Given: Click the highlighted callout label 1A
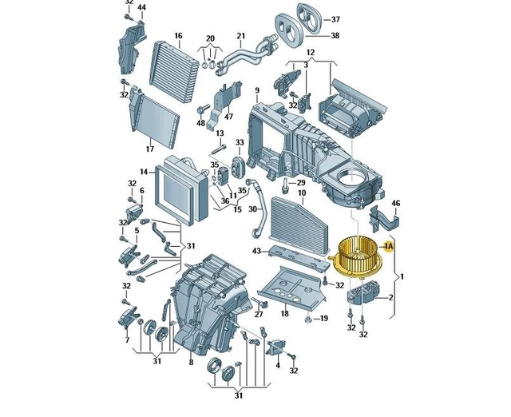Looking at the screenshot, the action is click(389, 246).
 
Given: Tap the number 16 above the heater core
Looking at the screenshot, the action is click(178, 35).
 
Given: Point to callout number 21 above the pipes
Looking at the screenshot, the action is click(241, 35).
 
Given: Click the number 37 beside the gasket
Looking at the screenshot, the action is click(335, 19).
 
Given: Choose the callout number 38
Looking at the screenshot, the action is click(335, 35).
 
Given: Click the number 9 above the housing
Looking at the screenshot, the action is click(257, 90).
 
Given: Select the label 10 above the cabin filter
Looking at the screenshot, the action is click(302, 193).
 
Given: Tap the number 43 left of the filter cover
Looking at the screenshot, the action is click(257, 251).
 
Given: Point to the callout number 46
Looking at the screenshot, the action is click(396, 204).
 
